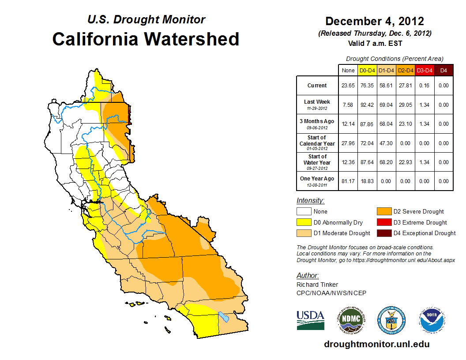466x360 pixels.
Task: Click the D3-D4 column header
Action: pos(424,70)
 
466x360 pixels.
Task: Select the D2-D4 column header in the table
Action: pos(406,70)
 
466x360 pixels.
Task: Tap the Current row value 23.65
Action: pos(348,86)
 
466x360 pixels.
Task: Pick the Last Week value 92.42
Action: pos(368,105)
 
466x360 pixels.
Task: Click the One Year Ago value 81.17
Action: pos(348,181)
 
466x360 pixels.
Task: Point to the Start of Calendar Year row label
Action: pos(317,143)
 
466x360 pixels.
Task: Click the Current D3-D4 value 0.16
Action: pos(424,86)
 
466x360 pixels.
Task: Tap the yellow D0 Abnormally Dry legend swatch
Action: pos(303,222)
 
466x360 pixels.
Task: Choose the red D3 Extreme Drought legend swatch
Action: pos(383,222)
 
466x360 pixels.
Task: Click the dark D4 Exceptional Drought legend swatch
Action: pos(383,233)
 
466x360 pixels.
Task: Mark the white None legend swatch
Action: pos(303,212)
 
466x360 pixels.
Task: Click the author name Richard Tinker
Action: pos(317,285)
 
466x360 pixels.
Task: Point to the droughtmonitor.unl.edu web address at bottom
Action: pos(376,344)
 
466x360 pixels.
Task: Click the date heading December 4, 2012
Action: pos(374,21)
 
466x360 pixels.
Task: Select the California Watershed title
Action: pos(146,39)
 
